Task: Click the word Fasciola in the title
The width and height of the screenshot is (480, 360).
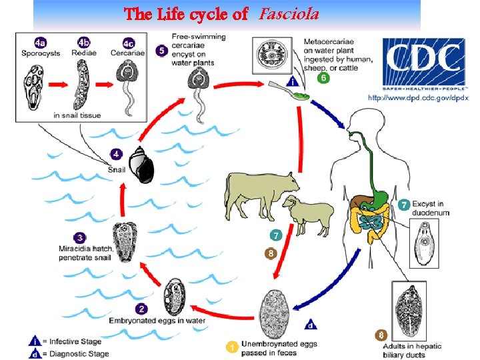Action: click(x=289, y=13)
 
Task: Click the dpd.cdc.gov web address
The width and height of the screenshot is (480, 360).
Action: click(x=418, y=97)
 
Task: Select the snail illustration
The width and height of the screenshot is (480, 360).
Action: click(x=142, y=165)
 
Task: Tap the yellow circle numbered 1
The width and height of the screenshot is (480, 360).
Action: click(x=232, y=346)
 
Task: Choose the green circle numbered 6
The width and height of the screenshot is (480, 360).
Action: click(x=323, y=78)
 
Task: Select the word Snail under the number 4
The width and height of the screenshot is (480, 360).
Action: click(x=116, y=169)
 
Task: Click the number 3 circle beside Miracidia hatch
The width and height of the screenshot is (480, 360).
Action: click(x=81, y=237)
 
